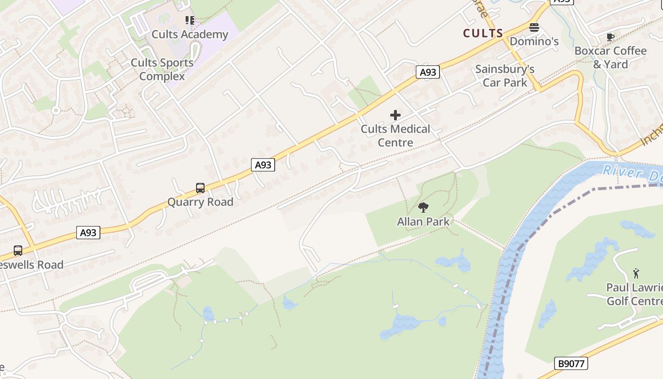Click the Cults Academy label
(x=189, y=34)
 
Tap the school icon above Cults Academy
(x=190, y=20)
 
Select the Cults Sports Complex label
(x=162, y=69)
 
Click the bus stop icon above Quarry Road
(x=200, y=188)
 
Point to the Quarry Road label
(x=200, y=202)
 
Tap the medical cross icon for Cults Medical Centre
(x=395, y=115)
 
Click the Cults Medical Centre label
(x=395, y=135)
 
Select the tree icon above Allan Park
(x=423, y=207)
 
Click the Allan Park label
(x=423, y=221)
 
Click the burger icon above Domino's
(x=534, y=27)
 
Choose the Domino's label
(x=534, y=41)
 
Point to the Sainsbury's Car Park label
(x=505, y=76)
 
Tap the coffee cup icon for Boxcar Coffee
(x=610, y=37)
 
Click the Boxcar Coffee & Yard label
(x=610, y=57)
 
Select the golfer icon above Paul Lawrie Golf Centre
(x=636, y=273)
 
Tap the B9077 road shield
(x=571, y=363)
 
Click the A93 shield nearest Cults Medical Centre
(x=428, y=72)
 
